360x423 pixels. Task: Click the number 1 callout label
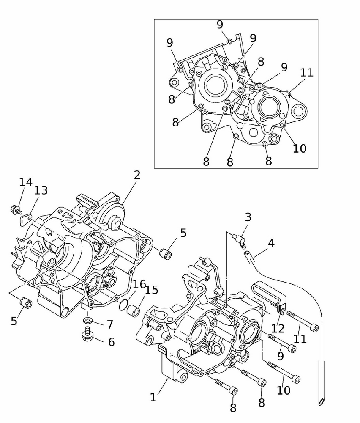pyautogui.click(x=153, y=397)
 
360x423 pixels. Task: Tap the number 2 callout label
pyautogui.click(x=137, y=175)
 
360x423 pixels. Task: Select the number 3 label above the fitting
pyautogui.click(x=248, y=217)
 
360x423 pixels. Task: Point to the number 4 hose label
pyautogui.click(x=271, y=243)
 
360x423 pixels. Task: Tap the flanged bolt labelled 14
pyautogui.click(x=16, y=209)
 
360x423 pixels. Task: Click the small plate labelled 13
pyautogui.click(x=26, y=218)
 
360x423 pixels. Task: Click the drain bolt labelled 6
pyautogui.click(x=87, y=334)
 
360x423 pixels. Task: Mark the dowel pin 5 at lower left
pyautogui.click(x=26, y=303)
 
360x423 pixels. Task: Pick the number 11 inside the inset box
pyautogui.click(x=307, y=73)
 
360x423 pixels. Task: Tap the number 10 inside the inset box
pyautogui.click(x=300, y=148)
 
